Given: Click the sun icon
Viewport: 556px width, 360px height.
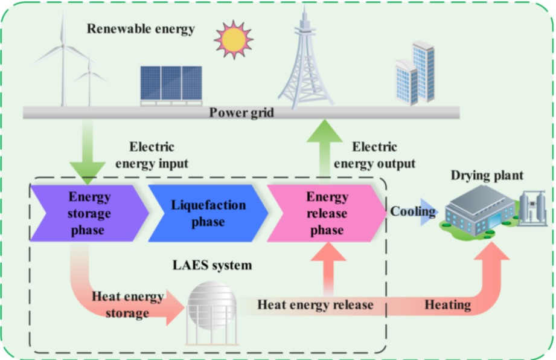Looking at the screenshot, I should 234,39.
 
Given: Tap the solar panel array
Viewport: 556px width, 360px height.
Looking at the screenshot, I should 171,84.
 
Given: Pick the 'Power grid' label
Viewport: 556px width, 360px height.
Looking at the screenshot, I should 241,112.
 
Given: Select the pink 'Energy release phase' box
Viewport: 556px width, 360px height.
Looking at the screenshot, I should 327,214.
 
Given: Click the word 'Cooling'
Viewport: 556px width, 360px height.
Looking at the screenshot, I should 413,211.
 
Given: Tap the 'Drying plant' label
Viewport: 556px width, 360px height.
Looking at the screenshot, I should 487,176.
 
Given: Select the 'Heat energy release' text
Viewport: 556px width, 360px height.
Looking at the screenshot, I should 315,304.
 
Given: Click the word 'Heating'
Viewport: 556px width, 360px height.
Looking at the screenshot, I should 447,304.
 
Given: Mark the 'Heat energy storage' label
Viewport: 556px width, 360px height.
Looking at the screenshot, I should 127,304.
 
